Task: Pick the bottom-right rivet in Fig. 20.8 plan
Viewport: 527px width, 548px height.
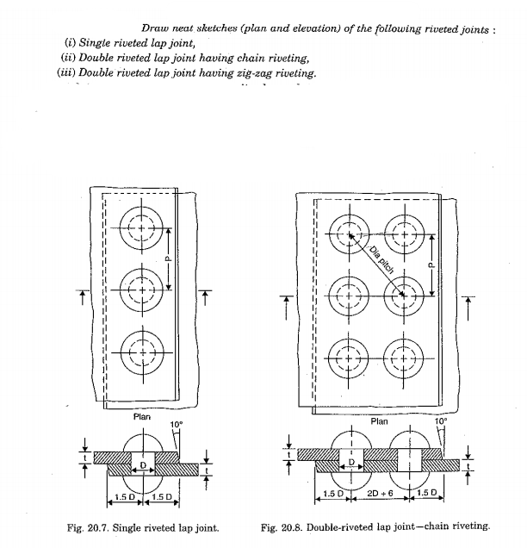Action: tap(400, 353)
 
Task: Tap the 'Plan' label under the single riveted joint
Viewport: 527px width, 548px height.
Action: tap(142, 417)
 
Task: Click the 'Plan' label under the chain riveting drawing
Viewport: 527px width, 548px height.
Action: tap(379, 421)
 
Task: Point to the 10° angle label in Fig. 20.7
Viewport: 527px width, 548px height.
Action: tap(177, 424)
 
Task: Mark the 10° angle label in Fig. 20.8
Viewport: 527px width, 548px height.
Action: tap(442, 421)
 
